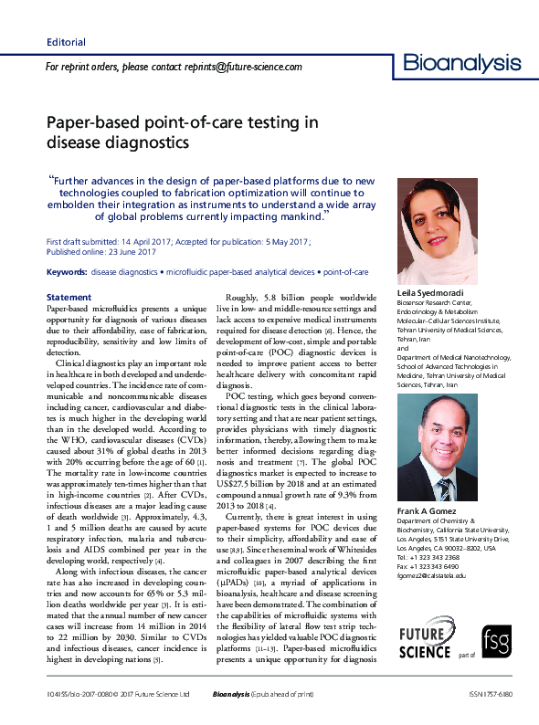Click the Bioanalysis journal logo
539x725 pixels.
(x=462, y=63)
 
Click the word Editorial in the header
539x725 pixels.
(x=66, y=42)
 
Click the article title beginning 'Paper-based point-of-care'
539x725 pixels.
(x=183, y=131)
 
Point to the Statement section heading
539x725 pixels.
(x=69, y=298)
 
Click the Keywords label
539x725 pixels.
(x=66, y=272)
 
